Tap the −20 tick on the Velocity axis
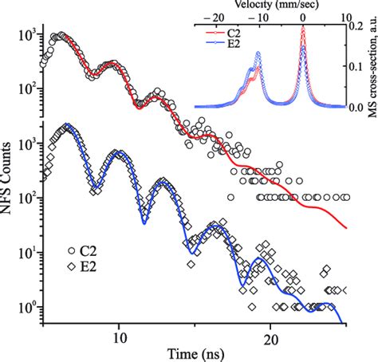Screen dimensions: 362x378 [x=213, y=16]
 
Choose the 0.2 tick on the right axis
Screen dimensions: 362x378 [x=360, y=26]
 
